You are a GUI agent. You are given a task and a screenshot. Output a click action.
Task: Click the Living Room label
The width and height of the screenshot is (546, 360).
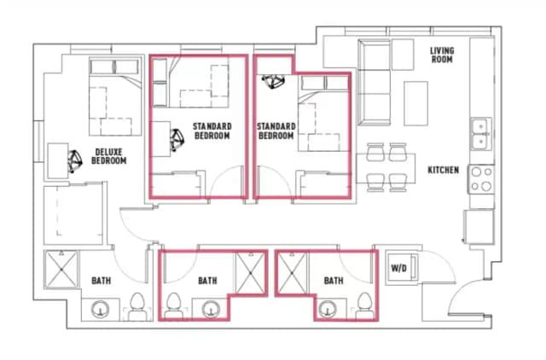[442, 56]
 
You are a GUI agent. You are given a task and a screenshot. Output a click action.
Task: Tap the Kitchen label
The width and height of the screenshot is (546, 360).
[443, 170]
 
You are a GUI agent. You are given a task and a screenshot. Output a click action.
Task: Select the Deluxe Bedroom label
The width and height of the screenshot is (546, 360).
[109, 157]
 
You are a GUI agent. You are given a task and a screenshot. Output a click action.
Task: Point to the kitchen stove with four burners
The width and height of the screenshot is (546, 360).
[481, 178]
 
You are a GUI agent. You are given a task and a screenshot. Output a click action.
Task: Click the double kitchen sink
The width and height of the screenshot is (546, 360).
[481, 133]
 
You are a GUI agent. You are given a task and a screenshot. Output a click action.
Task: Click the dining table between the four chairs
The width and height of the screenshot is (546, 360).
[386, 166]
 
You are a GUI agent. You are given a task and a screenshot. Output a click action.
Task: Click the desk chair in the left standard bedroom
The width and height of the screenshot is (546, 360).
[177, 138]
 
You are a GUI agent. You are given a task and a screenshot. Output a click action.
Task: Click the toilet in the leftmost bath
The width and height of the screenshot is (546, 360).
[136, 305]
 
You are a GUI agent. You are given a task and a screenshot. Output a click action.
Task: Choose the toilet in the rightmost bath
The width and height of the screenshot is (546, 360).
[364, 302]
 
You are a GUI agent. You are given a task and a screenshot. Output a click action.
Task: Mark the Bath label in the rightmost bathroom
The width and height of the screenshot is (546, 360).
[333, 280]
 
